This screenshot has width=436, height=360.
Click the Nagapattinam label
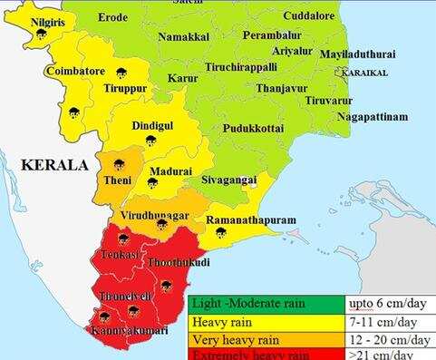click(x=372, y=117)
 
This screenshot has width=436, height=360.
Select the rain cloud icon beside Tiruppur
click(x=121, y=73)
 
